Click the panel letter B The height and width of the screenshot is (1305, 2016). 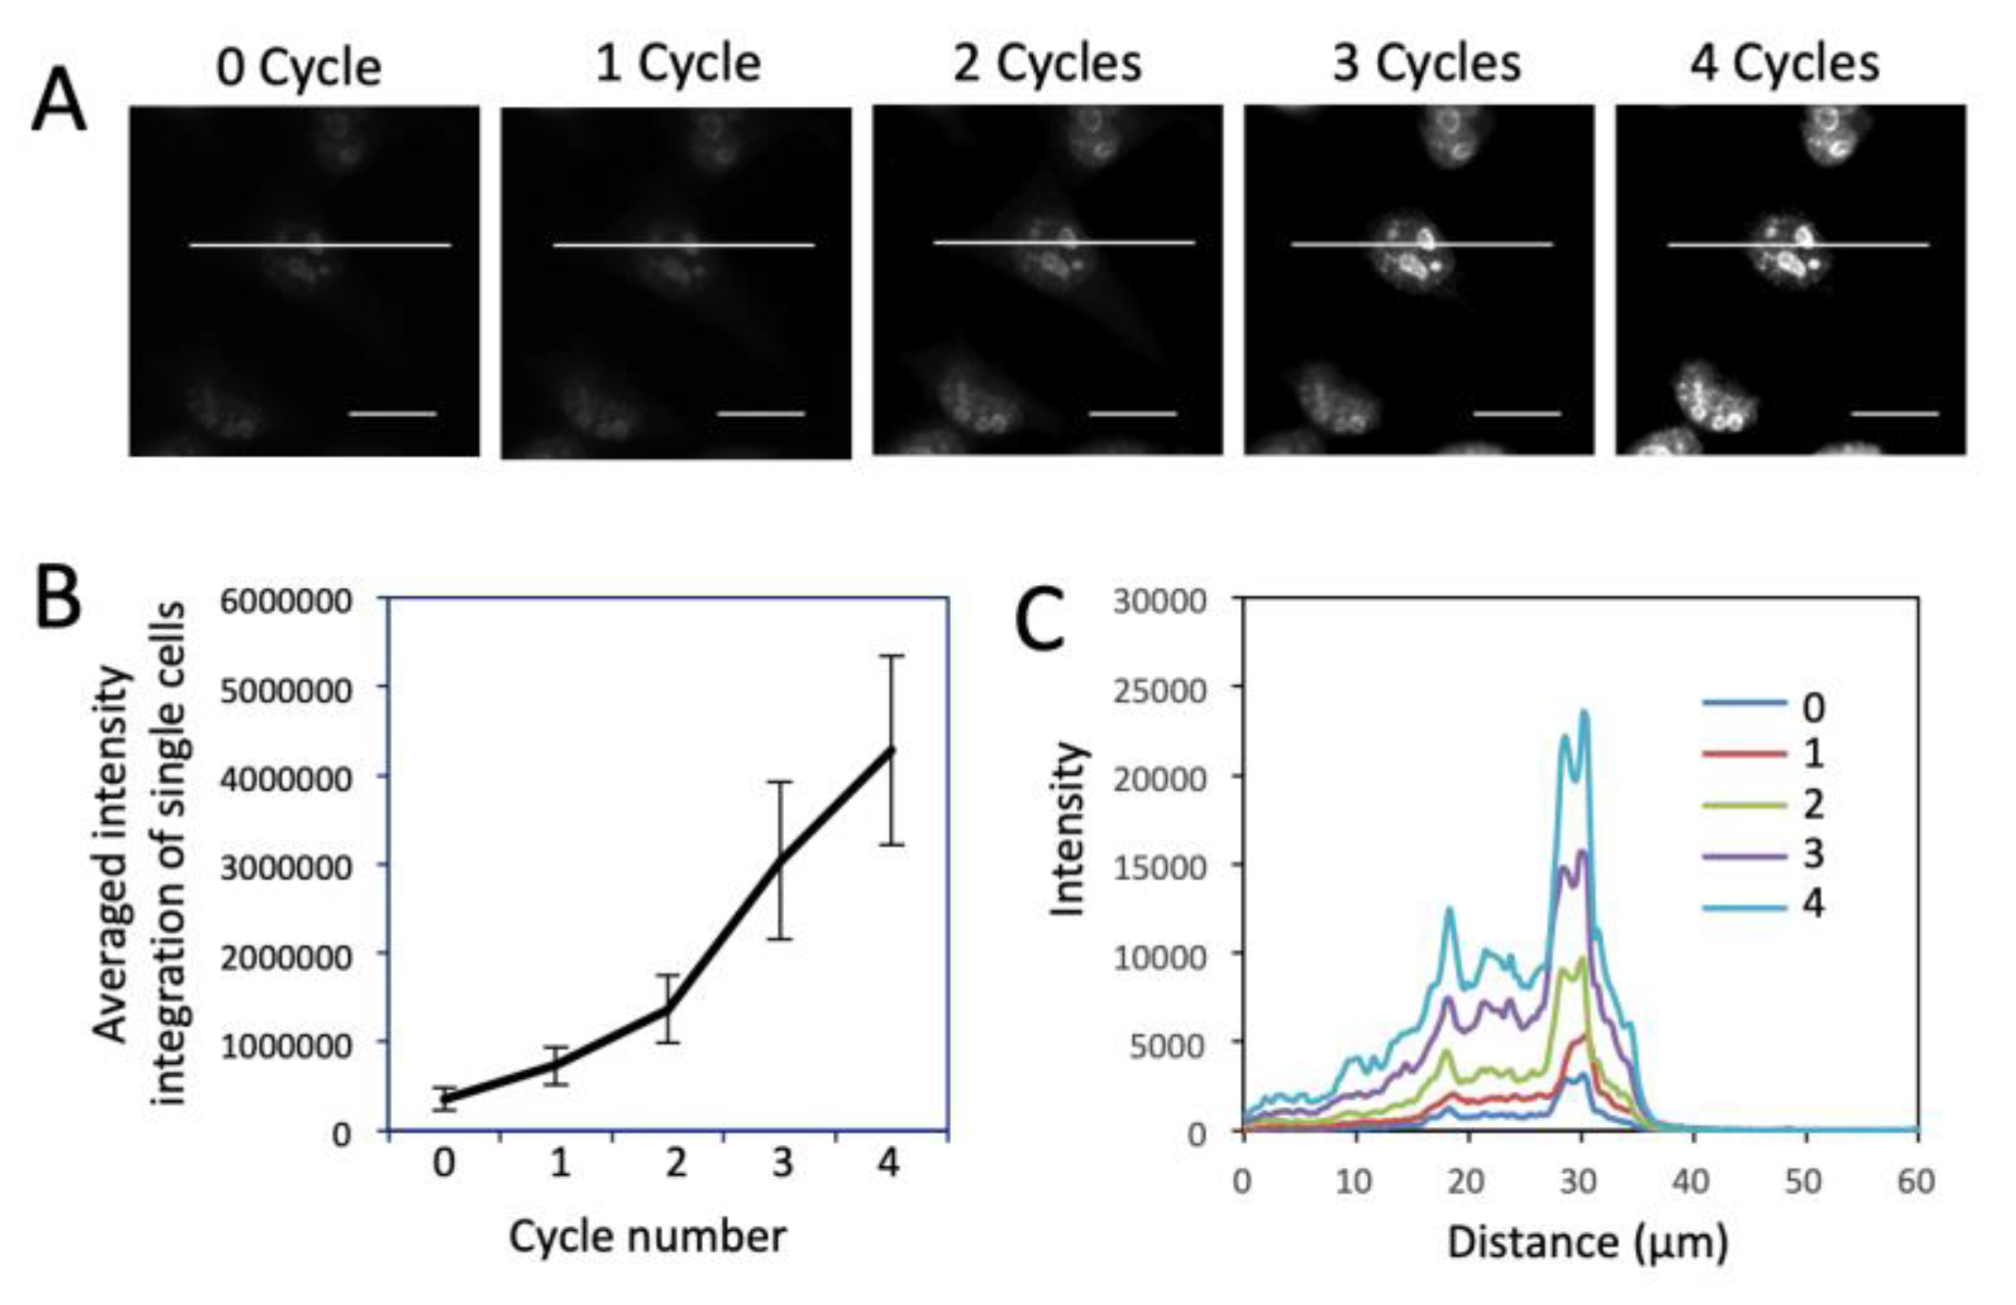tap(58, 597)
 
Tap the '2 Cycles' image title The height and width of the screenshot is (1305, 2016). tap(1047, 63)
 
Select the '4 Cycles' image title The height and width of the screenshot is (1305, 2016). tap(1785, 63)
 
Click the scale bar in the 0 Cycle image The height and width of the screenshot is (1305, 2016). tap(392, 414)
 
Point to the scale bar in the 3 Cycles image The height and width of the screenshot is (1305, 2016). tap(1517, 414)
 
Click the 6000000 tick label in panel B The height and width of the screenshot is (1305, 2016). tap(287, 601)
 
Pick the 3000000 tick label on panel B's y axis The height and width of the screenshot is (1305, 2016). tap(287, 868)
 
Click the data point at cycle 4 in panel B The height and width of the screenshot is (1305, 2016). tap(891, 749)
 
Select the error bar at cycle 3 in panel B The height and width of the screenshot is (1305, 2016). tap(781, 860)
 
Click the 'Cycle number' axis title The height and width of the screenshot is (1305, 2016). tap(648, 1237)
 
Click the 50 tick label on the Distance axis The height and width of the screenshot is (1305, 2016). tap(1804, 1180)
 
